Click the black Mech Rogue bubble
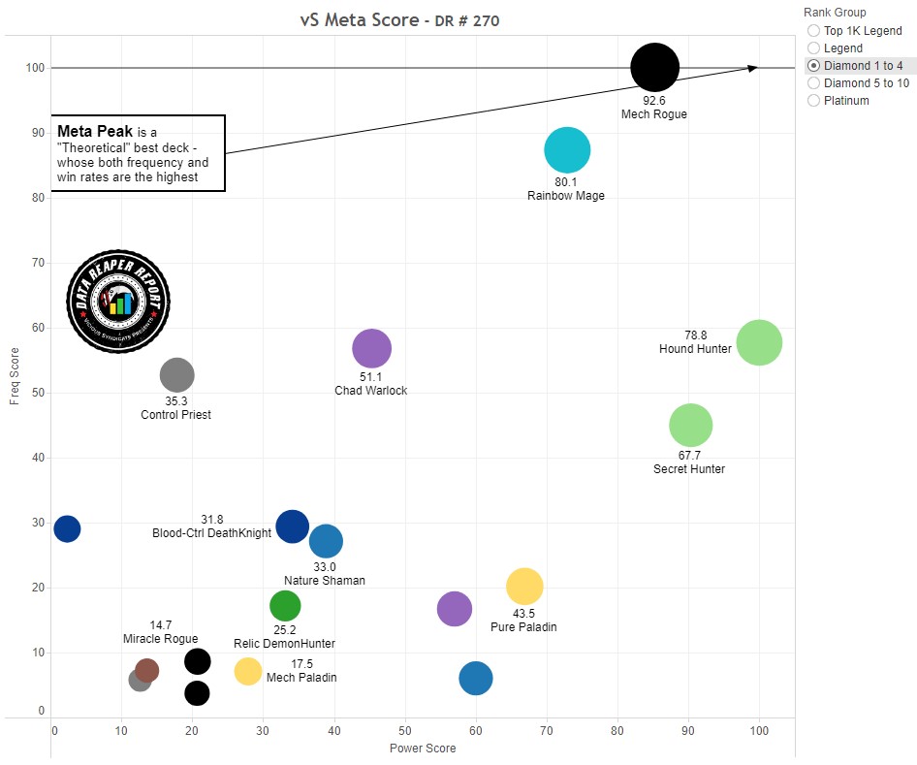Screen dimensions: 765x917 coord(654,67)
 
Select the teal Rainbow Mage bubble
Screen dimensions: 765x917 coord(567,149)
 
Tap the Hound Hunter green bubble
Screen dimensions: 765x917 coord(759,342)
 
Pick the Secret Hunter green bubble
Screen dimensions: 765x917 coord(691,425)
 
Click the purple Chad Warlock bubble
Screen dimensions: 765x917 coord(371,349)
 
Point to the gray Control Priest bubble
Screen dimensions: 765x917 coord(176,374)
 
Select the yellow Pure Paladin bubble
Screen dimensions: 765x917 coord(524,586)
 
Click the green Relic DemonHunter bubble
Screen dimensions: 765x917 coord(284,606)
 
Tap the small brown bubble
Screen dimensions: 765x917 coord(146,670)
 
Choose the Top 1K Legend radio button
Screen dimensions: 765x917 coord(813,31)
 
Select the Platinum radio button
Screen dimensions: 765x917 coord(813,101)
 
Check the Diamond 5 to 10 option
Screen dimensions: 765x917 coord(813,83)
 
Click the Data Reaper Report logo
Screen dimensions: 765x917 coord(118,302)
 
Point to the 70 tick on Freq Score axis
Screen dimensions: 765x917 coord(39,263)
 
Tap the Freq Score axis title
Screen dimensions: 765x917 coord(15,378)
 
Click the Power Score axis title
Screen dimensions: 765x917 coord(422,749)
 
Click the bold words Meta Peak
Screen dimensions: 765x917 coord(95,131)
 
